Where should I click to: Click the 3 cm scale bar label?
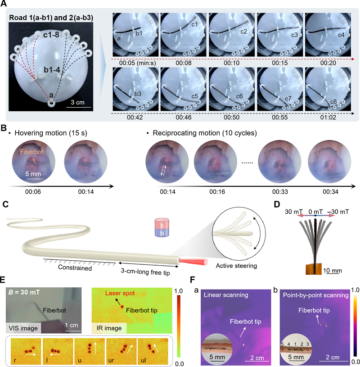pyautogui.click(x=81, y=102)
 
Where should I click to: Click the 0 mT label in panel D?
pyautogui.click(x=315, y=210)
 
